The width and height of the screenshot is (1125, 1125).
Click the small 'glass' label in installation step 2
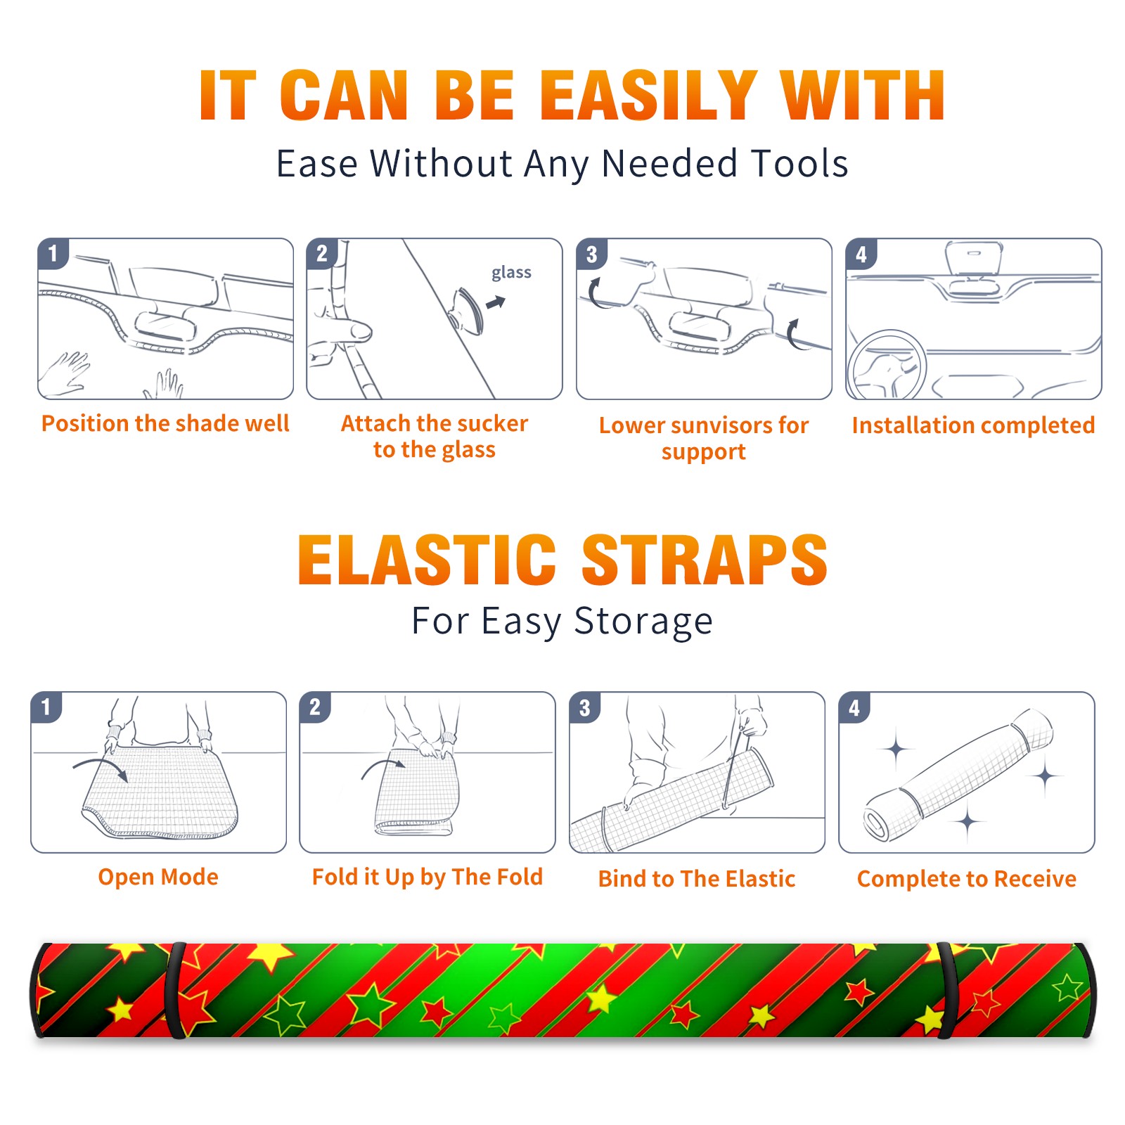pyautogui.click(x=511, y=272)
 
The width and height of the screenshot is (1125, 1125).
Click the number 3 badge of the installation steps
pyautogui.click(x=591, y=255)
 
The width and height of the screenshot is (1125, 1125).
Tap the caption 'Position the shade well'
pyautogui.click(x=165, y=423)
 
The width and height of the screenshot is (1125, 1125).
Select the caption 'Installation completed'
pyautogui.click(x=973, y=425)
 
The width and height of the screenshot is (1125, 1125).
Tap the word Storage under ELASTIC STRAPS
pyautogui.click(x=643, y=622)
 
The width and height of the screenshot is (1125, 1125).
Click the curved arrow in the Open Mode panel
pyautogui.click(x=101, y=765)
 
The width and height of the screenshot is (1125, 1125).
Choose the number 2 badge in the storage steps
pyautogui.click(x=315, y=707)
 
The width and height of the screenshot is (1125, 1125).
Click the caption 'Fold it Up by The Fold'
pyautogui.click(x=427, y=877)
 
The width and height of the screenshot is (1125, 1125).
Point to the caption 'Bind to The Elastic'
pyautogui.click(x=697, y=879)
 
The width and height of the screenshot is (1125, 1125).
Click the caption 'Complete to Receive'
pyautogui.click(x=967, y=879)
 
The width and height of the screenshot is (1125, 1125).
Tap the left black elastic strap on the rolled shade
pyautogui.click(x=175, y=991)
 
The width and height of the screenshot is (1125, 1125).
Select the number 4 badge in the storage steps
pyautogui.click(x=854, y=707)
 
